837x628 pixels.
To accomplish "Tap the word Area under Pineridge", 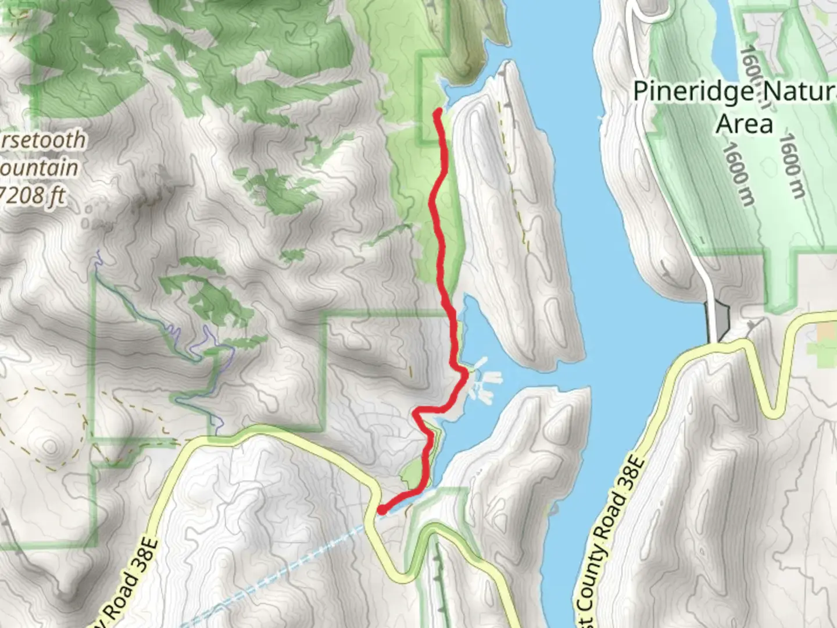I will point(745,124).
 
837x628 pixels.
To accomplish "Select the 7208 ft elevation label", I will point(32,195).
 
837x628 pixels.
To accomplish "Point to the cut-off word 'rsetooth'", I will point(43,140).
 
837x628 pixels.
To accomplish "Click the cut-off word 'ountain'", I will point(39,167).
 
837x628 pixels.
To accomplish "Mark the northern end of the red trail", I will point(437,112).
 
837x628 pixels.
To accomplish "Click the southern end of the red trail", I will point(382,510).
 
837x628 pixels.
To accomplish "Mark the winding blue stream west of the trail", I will point(192,349).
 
